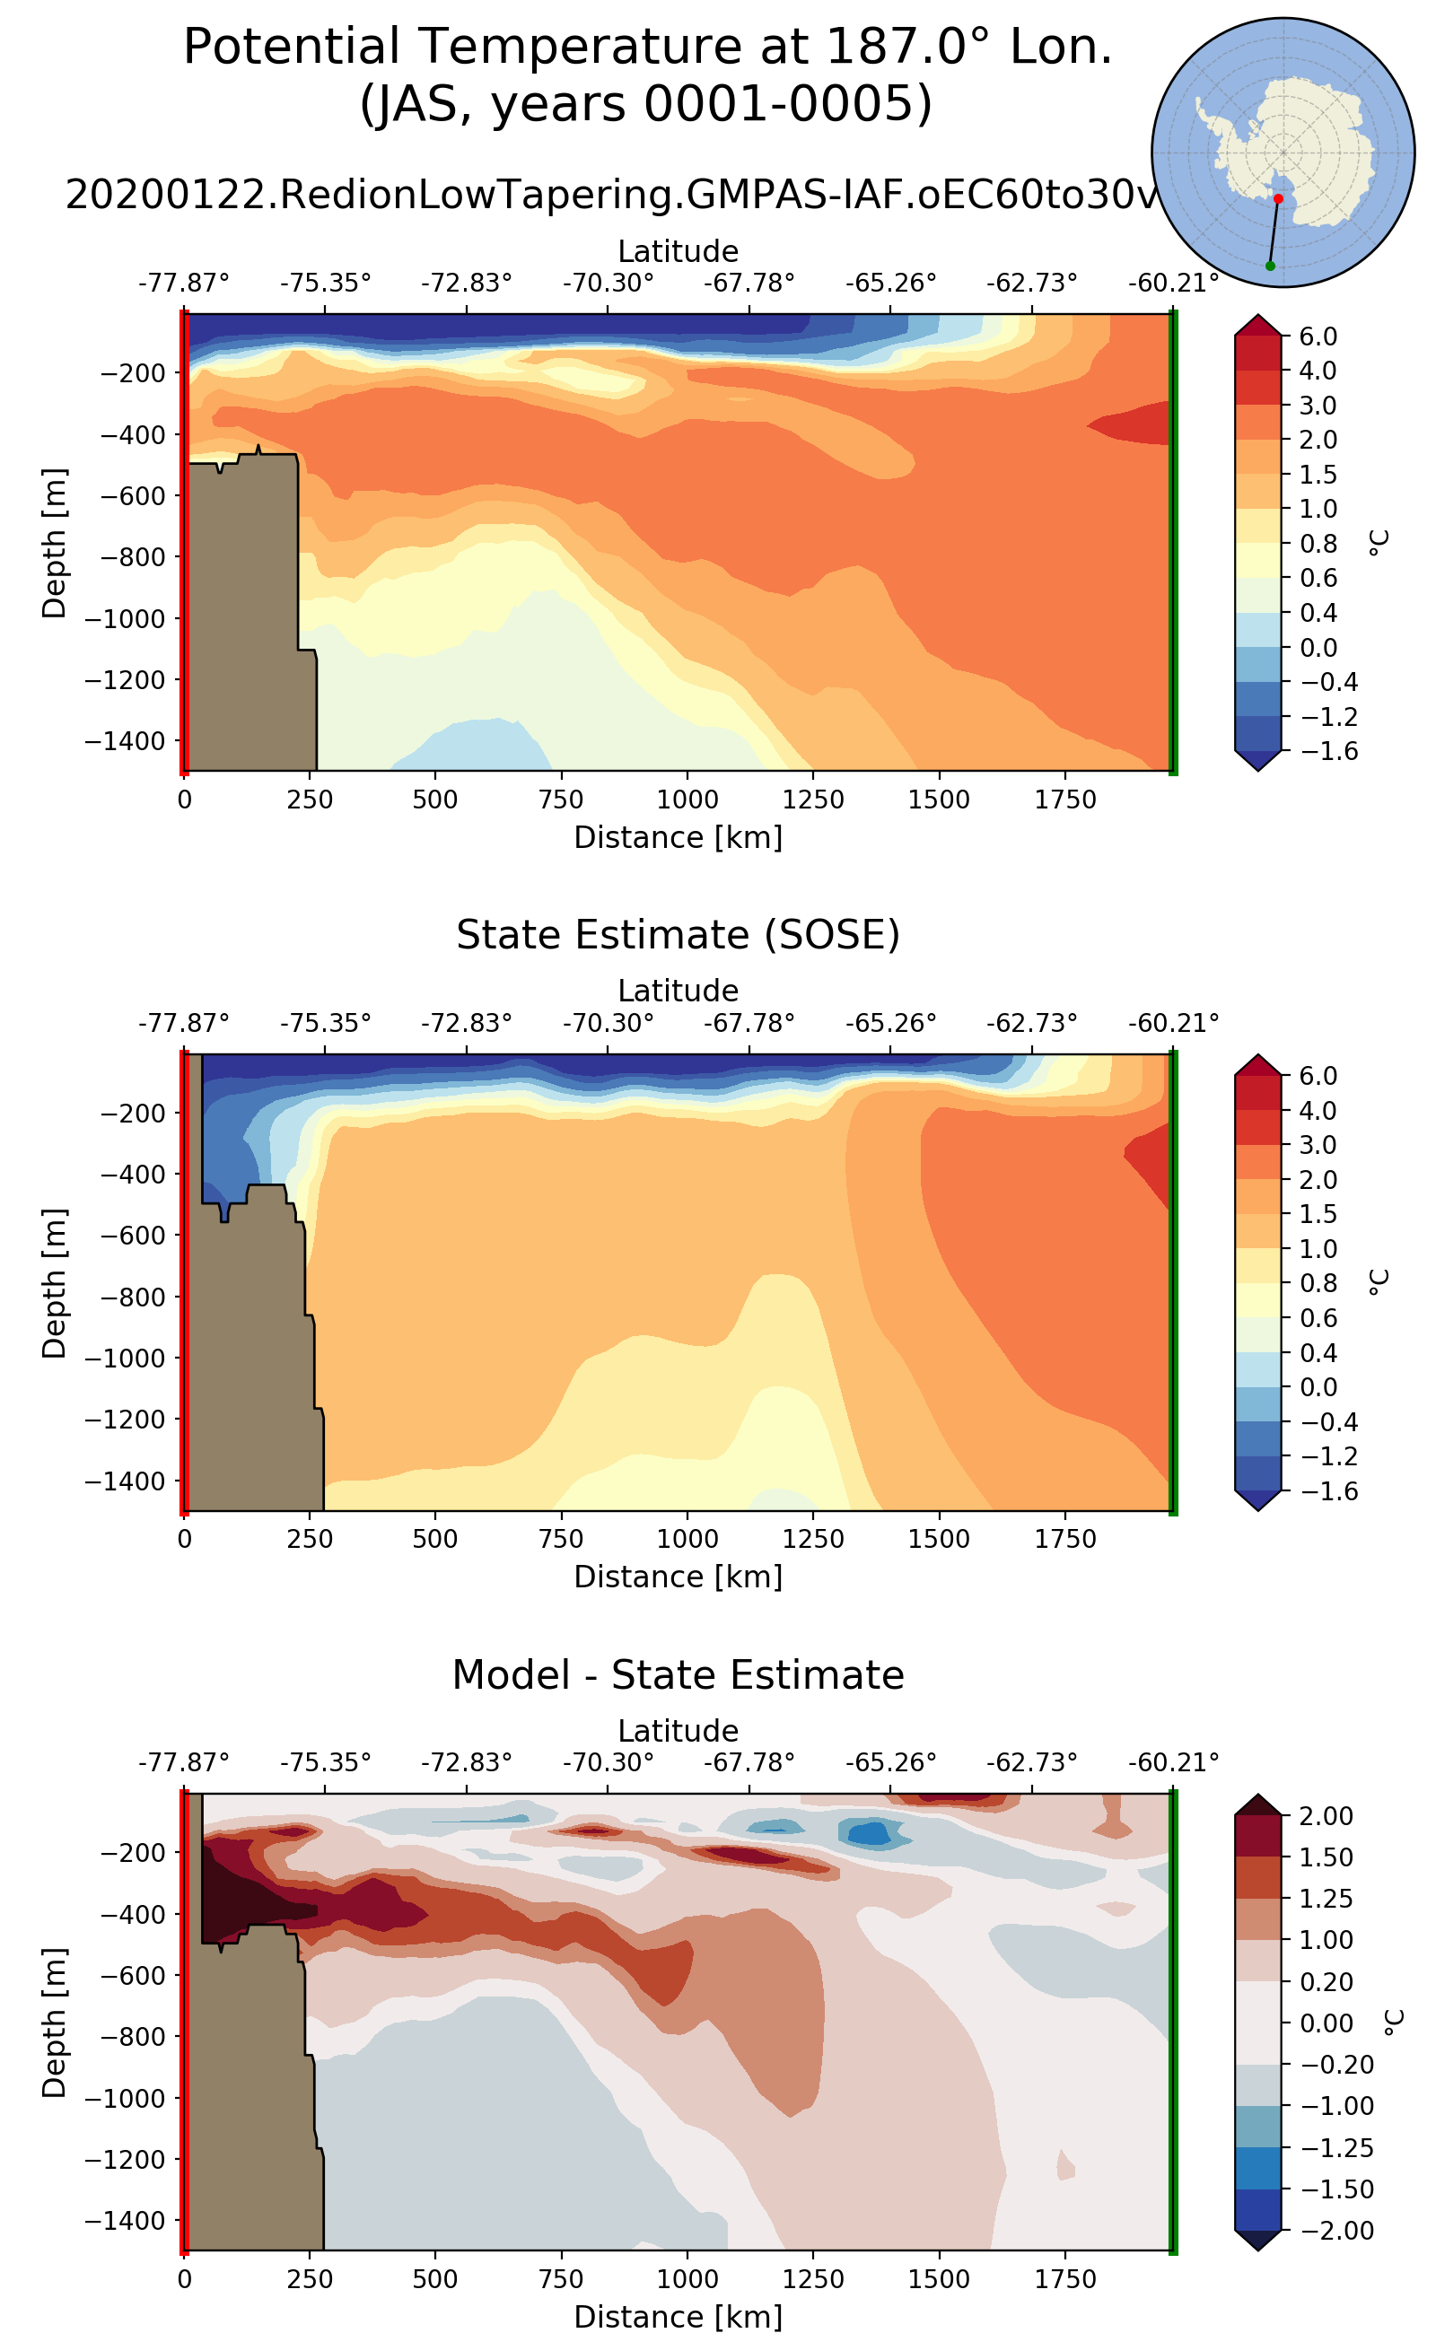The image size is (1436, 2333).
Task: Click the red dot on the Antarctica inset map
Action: point(1277,198)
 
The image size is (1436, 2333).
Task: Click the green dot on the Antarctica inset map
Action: point(1270,266)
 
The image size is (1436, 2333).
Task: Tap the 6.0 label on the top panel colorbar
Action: point(1318,336)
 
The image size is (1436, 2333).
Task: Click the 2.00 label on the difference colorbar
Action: point(1326,1815)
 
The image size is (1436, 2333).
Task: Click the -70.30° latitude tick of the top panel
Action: point(608,283)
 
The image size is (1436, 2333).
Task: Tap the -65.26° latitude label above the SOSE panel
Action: point(891,1023)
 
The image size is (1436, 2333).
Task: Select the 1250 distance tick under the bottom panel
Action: point(813,2279)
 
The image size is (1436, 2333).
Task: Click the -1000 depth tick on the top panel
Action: point(126,618)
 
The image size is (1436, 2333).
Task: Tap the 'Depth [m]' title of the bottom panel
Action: point(54,2023)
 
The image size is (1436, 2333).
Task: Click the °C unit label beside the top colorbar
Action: point(1378,542)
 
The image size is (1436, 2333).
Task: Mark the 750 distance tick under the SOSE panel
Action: point(561,1539)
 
